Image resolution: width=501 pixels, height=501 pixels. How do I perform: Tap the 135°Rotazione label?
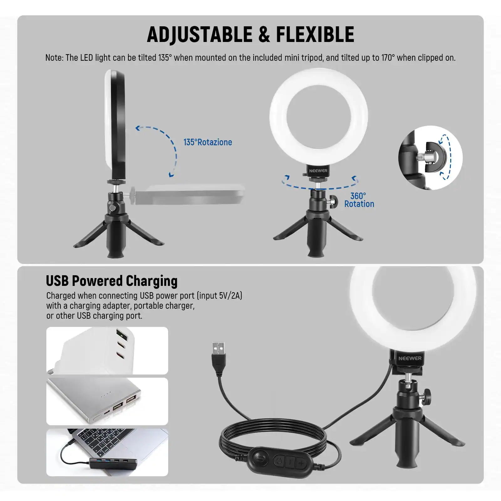tap(208, 142)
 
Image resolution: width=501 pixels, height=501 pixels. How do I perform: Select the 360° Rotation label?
tap(359, 200)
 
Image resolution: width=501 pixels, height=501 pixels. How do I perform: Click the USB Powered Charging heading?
tap(111, 281)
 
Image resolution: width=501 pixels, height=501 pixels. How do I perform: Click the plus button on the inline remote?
tap(301, 462)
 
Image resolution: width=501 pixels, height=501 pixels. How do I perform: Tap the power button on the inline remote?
tap(279, 461)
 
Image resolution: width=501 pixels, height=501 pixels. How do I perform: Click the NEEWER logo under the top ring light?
tap(318, 171)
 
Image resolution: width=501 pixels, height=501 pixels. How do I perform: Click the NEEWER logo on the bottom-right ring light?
tap(410, 358)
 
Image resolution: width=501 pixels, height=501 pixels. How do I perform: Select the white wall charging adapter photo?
tap(107, 351)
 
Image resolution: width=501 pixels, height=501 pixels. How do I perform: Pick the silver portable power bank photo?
tap(107, 401)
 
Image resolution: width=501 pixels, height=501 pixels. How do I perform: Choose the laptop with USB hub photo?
tap(107, 452)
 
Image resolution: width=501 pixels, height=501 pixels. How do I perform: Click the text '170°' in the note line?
tap(388, 58)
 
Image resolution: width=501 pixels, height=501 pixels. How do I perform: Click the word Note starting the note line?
tap(54, 58)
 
